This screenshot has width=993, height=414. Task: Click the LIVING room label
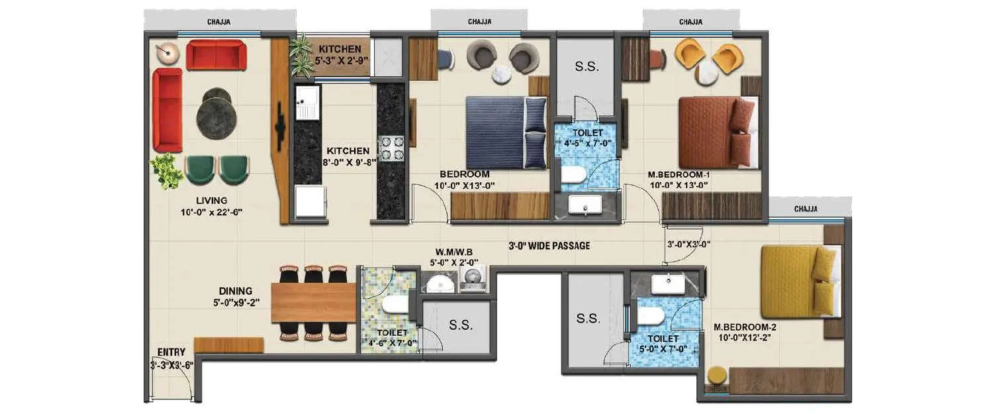pos(211,200)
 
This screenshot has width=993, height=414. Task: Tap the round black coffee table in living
pos(216,113)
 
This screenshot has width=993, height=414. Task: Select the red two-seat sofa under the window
pos(216,55)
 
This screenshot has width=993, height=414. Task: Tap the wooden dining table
pos(313,303)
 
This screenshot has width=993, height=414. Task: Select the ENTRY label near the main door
pos(171,352)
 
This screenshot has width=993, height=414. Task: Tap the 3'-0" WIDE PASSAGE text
pos(549,246)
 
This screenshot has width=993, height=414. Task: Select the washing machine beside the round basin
pos(472,280)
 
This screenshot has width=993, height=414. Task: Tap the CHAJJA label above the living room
pos(218,23)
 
